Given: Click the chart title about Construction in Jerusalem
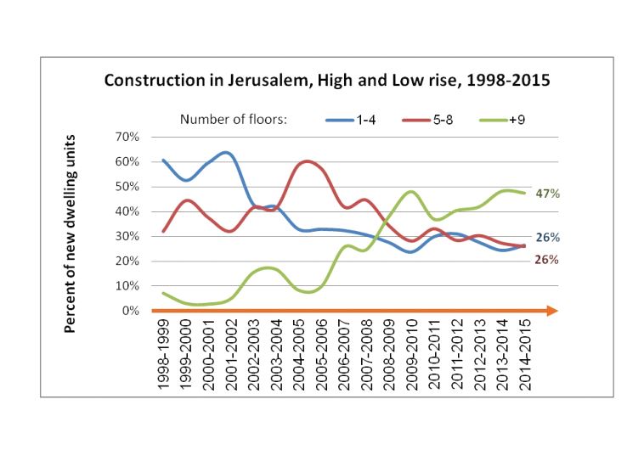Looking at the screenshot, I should click(327, 82).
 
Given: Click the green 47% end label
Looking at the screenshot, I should click(546, 194).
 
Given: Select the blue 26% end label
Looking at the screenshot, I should click(546, 237).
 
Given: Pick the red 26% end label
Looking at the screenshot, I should click(546, 259).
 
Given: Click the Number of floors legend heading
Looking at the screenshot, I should click(233, 119).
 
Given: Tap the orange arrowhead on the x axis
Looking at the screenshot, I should click(552, 311).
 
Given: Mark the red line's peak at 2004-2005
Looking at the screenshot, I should click(306, 160).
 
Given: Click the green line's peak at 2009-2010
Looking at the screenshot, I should click(411, 191).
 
